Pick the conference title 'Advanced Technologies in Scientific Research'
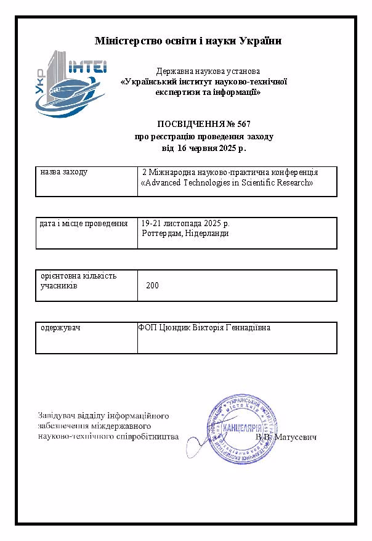click(x=228, y=183)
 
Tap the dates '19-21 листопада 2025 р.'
click(x=185, y=223)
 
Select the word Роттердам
click(x=161, y=233)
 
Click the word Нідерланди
click(x=207, y=233)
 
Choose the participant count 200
click(x=153, y=286)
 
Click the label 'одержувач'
click(x=60, y=327)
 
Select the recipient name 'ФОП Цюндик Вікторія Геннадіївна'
click(x=204, y=327)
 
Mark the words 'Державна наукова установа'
click(x=203, y=71)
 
